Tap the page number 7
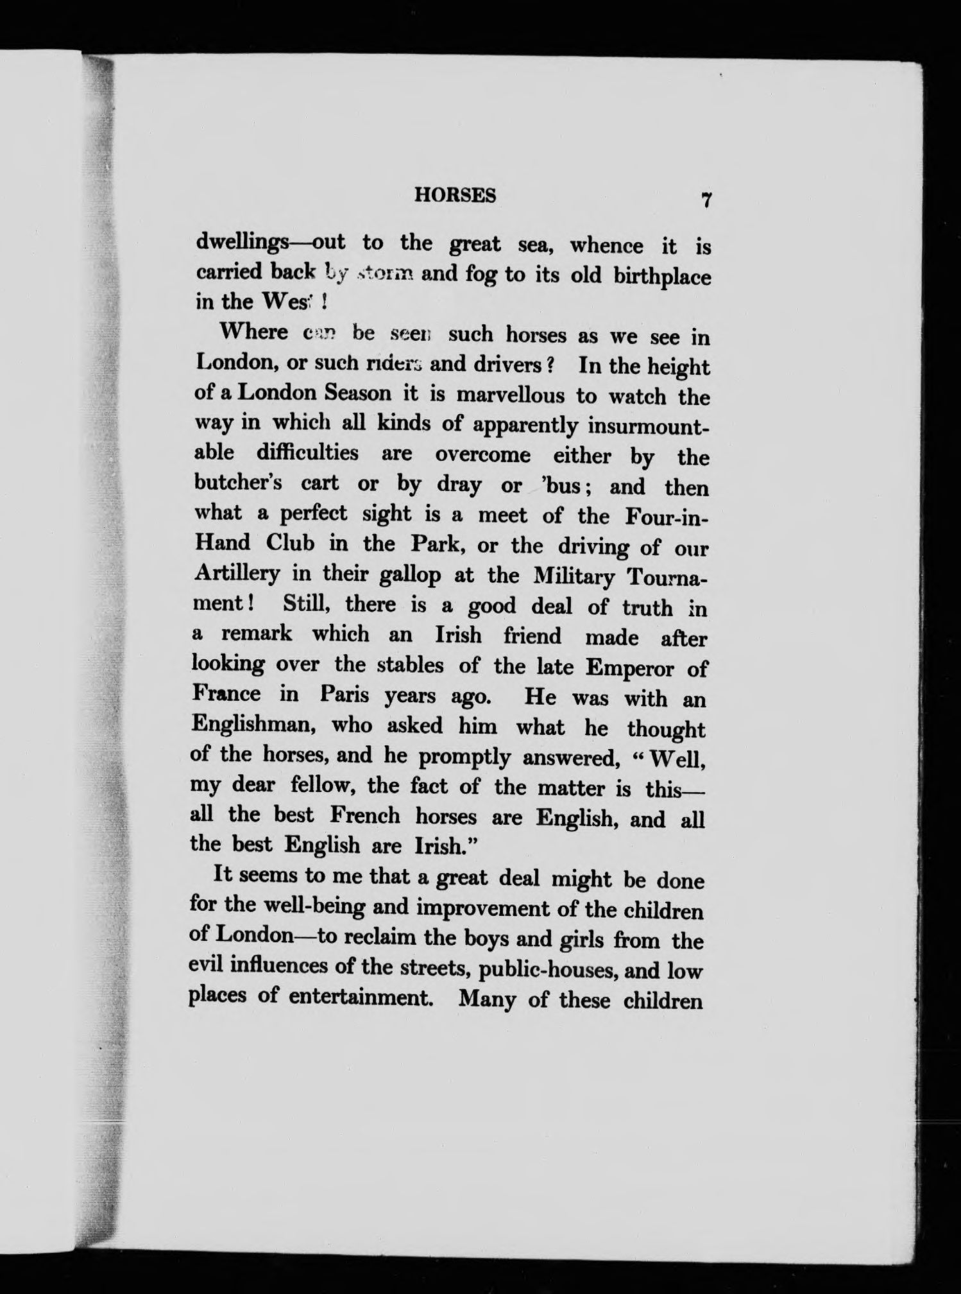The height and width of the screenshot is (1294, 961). point(705,200)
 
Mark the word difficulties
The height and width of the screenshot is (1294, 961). point(307,453)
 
